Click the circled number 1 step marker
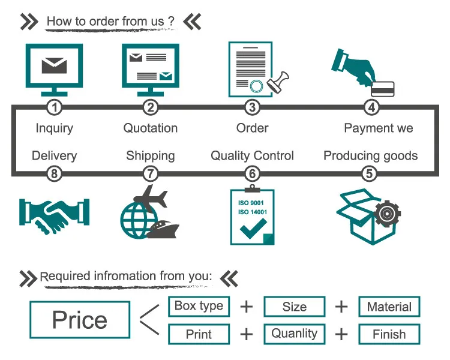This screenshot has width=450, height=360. (55, 108)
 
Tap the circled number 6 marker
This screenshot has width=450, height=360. (252, 174)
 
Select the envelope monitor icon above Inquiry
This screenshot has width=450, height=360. (54, 67)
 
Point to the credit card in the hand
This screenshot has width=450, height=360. (382, 88)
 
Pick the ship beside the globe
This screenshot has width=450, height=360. (163, 229)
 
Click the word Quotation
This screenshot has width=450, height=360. (151, 128)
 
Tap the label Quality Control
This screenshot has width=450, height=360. (252, 156)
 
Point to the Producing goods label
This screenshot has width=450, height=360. (370, 156)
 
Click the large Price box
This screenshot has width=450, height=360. (80, 319)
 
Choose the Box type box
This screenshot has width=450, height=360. (199, 306)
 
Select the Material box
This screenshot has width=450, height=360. (389, 307)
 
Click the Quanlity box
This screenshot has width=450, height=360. (295, 334)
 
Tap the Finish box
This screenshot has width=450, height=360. (389, 334)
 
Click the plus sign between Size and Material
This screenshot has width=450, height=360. (341, 307)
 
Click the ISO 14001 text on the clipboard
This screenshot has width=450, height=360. (252, 212)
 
